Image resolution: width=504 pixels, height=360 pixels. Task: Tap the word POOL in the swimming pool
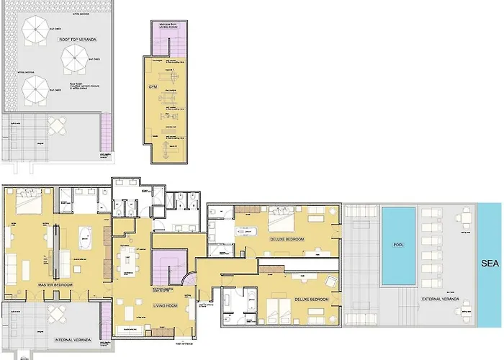tap(397, 245)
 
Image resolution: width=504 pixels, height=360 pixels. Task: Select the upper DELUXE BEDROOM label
tap(287, 239)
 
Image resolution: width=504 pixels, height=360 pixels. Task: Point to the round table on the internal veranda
tap(55, 315)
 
